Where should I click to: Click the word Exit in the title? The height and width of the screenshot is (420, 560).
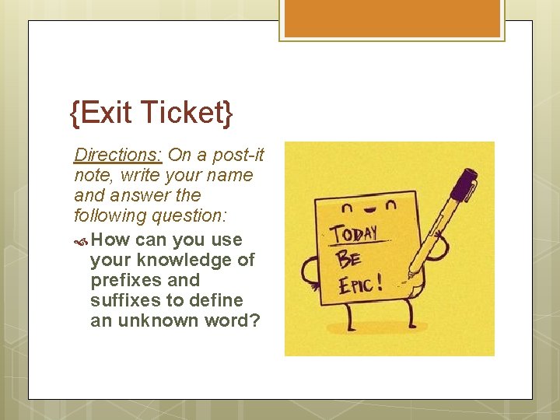[x=105, y=114]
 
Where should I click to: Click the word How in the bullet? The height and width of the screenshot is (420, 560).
[x=110, y=240]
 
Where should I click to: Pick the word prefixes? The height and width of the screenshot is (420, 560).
[x=125, y=280]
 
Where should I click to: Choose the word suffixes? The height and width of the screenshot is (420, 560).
[x=124, y=300]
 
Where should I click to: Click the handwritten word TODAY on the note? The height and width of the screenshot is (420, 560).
[x=354, y=233]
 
